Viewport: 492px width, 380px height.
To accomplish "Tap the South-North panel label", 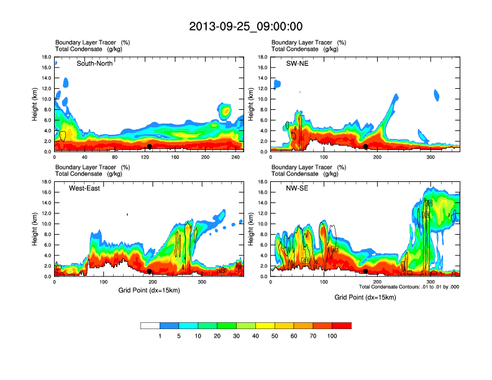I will tap(94, 63).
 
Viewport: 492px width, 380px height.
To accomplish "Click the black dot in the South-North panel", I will tap(150, 147).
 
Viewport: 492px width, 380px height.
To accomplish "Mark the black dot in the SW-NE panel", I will tap(366, 147).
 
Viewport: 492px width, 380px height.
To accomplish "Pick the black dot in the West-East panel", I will tap(150, 271).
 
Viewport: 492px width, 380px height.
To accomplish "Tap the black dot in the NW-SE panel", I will tap(366, 271).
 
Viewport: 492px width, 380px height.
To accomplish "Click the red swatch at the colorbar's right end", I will tap(342, 325).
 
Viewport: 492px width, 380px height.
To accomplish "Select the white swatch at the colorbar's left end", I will tap(150, 325).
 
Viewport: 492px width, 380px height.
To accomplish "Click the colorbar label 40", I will tap(255, 336).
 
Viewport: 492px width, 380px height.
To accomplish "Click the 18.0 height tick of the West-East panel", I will tap(45, 182).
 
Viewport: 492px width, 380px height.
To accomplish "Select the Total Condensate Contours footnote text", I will tap(409, 286).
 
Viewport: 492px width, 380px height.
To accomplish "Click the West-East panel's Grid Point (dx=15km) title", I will tap(149, 290).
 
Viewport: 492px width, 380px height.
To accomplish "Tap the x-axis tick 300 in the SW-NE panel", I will tap(431, 158).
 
